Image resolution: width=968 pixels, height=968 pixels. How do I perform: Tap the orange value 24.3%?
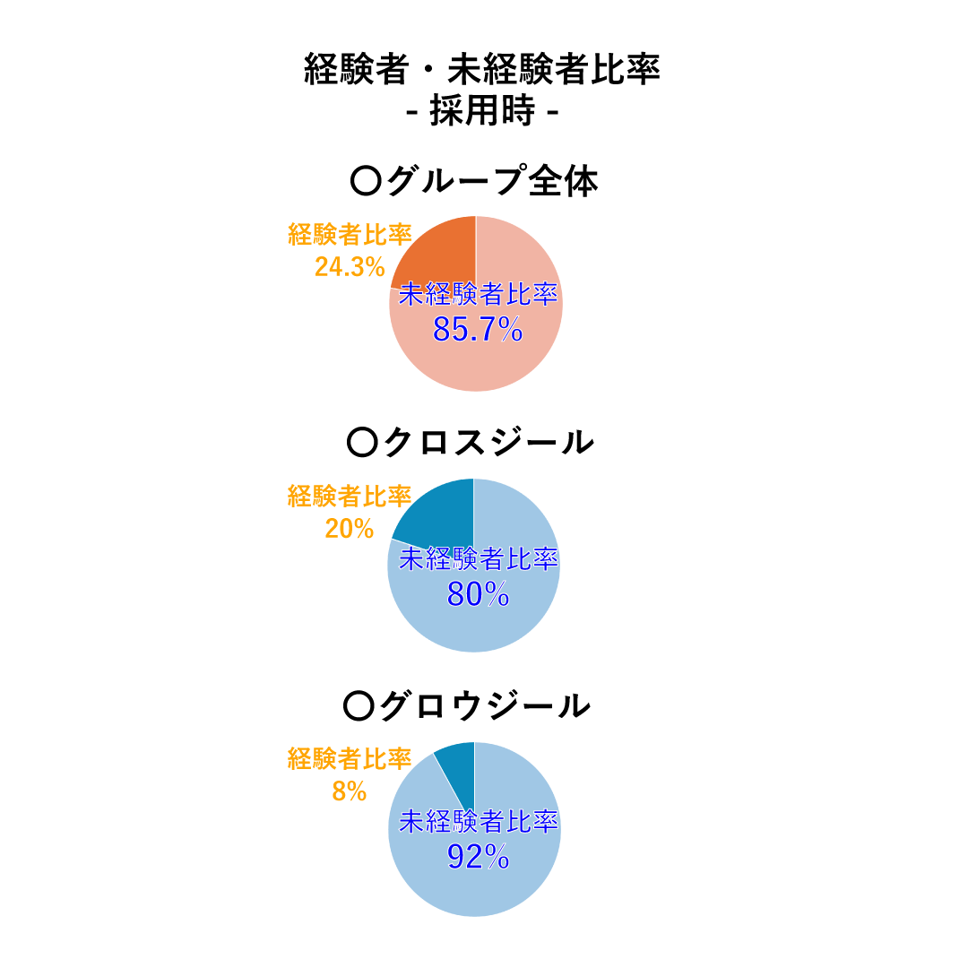(x=350, y=267)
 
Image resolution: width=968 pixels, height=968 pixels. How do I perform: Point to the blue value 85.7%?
(x=478, y=330)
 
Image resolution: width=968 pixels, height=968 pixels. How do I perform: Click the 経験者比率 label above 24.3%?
(x=350, y=234)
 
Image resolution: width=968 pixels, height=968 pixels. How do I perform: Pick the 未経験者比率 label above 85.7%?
(x=478, y=295)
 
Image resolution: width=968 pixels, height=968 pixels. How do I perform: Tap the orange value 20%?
(x=350, y=529)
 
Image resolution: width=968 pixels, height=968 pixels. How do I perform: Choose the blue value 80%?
(x=478, y=593)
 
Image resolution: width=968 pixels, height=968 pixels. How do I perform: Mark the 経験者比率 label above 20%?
(x=350, y=496)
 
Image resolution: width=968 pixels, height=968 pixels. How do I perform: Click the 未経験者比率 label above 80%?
(x=478, y=559)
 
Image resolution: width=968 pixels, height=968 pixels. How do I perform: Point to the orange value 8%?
(x=350, y=791)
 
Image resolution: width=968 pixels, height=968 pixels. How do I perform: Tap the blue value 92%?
(x=478, y=857)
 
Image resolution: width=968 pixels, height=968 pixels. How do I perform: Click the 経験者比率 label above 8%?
(x=350, y=758)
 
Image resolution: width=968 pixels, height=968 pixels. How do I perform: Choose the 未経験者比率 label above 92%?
(x=478, y=822)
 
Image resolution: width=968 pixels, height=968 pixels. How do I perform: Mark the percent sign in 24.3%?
(x=375, y=267)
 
